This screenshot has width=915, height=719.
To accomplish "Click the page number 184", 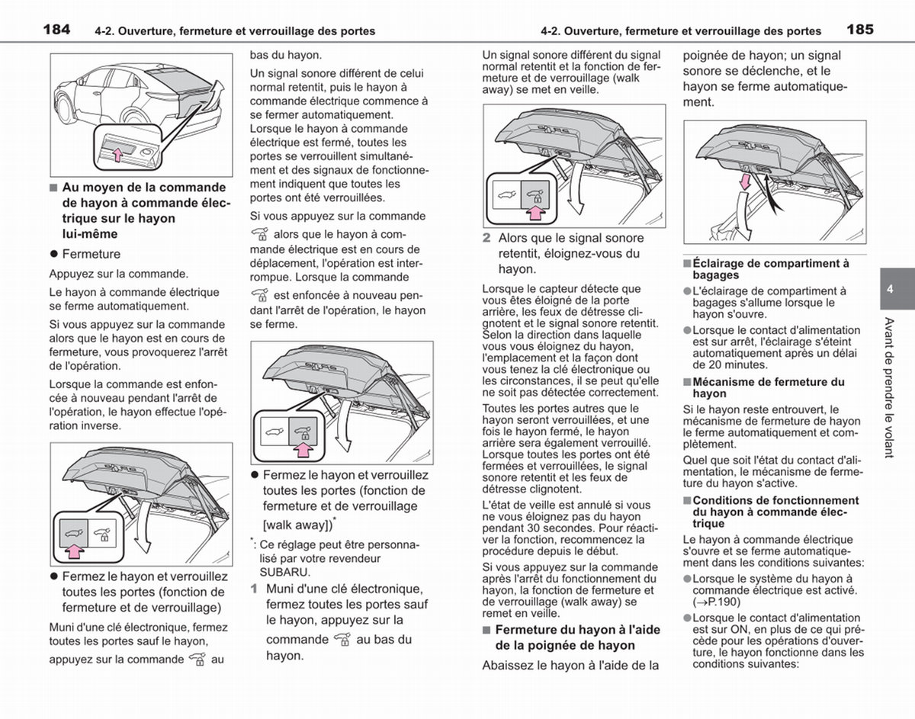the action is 56,30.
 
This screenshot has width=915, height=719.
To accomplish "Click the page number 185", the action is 860,30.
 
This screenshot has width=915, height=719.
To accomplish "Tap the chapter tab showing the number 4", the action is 897,289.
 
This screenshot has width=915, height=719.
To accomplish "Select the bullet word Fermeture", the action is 91,254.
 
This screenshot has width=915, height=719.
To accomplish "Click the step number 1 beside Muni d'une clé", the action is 253,589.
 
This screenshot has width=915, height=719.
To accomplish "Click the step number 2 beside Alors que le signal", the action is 486,238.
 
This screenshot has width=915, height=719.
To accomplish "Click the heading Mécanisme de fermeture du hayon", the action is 769,387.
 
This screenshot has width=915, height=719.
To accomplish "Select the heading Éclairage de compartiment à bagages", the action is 771,269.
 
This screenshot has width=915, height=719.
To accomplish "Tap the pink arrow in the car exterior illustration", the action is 117,155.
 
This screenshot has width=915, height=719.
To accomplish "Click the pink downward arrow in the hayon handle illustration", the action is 745,182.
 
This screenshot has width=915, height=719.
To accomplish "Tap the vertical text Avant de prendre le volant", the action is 889,387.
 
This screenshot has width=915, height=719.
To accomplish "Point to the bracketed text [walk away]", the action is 297,525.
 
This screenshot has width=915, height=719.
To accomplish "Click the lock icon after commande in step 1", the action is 342,640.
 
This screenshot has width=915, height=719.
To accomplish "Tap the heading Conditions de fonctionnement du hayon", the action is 775,512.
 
